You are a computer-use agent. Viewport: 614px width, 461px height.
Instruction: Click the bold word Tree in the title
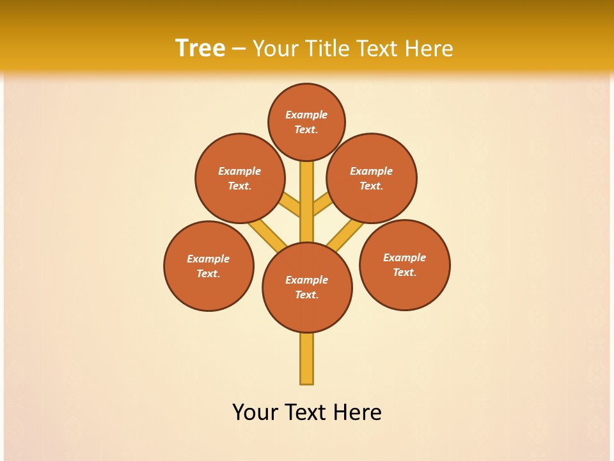[200, 48]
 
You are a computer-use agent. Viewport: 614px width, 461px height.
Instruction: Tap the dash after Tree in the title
[239, 49]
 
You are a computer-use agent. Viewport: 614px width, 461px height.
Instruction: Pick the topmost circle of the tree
[306, 122]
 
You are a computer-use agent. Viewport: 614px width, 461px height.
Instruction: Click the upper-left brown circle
[239, 178]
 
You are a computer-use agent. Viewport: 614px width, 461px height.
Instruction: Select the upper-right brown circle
[371, 178]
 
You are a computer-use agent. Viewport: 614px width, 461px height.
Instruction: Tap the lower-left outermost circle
[209, 266]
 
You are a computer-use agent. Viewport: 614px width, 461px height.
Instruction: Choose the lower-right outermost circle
[404, 264]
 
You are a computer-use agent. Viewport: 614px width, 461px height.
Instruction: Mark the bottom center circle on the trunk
[307, 287]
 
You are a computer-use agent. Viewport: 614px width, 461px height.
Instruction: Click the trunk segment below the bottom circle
[307, 359]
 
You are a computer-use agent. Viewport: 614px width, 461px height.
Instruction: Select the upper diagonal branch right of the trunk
[322, 205]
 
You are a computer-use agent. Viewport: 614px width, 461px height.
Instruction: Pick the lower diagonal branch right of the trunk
[345, 234]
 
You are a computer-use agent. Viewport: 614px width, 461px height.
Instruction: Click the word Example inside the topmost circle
[306, 115]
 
